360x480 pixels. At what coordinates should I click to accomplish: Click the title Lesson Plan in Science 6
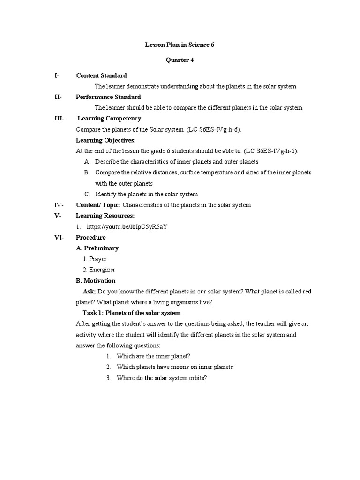[x=180, y=45]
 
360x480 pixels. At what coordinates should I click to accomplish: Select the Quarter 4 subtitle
[x=180, y=60]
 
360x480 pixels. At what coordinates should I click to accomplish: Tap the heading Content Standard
[x=101, y=75]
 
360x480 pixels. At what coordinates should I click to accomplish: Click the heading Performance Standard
[x=108, y=97]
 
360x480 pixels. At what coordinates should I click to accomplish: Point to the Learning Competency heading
[x=109, y=119]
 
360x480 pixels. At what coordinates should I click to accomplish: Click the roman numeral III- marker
[x=60, y=119]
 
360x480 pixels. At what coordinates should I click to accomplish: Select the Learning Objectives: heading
[x=106, y=140]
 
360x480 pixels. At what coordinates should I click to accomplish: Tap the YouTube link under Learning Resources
[x=127, y=226]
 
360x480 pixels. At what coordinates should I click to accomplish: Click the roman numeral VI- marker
[x=59, y=237]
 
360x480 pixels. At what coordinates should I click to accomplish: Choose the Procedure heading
[x=91, y=237]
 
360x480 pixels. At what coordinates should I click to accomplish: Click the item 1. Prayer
[x=95, y=259]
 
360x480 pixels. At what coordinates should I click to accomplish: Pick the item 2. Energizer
[x=99, y=270]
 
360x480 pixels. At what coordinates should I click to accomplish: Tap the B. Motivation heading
[x=96, y=280]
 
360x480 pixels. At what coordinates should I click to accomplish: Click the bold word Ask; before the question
[x=89, y=292]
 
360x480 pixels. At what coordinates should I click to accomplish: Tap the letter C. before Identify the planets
[x=87, y=194]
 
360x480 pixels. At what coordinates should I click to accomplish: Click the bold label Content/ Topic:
[x=98, y=205]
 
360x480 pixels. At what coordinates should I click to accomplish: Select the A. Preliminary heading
[x=97, y=248]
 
